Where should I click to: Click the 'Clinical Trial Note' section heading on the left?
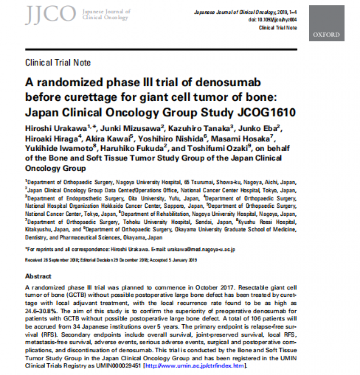click(58, 62)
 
